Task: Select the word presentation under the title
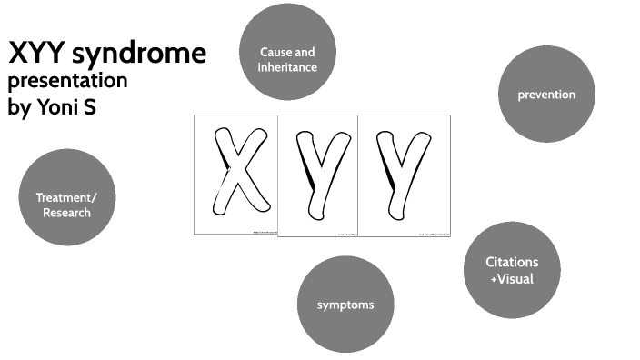click(x=67, y=81)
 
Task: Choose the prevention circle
click(x=545, y=94)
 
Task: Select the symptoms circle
click(x=345, y=304)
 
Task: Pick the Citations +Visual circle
click(x=512, y=271)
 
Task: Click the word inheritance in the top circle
click(x=287, y=67)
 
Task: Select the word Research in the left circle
click(x=65, y=213)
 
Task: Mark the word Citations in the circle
click(x=512, y=263)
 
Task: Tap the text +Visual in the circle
click(x=512, y=279)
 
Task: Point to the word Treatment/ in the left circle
click(x=65, y=196)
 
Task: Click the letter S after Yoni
click(x=87, y=105)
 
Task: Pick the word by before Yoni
click(x=18, y=106)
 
